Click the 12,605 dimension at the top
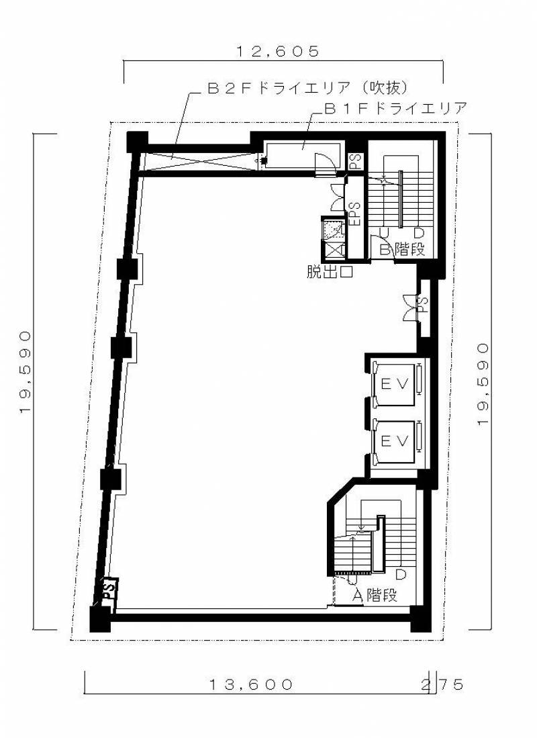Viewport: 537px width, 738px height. coord(278,51)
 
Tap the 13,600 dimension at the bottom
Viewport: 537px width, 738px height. coord(251,684)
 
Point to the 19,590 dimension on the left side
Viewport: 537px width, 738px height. coord(26,372)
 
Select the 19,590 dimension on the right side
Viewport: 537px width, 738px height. coord(483,385)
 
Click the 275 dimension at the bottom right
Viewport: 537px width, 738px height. coord(442,684)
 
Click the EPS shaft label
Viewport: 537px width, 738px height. coord(354,213)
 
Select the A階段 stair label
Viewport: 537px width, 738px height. coord(375,595)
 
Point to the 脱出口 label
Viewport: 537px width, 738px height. coord(330,272)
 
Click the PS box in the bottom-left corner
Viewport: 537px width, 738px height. coord(109,589)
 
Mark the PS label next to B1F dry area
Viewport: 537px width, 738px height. coord(355,162)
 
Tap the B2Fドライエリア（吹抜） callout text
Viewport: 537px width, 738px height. coord(307,88)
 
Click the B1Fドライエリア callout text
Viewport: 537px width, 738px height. coord(395,108)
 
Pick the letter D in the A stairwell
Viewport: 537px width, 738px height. coord(401,574)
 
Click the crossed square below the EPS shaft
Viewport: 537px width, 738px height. coord(333,248)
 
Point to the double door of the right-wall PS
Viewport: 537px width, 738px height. coord(410,308)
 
